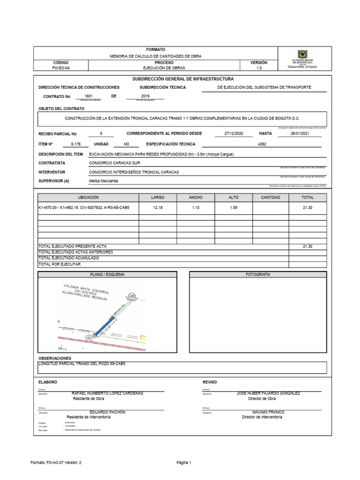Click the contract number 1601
click(89, 96)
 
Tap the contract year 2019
click(145, 96)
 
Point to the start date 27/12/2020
click(234, 133)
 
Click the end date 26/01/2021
click(300, 133)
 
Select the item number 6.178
click(76, 144)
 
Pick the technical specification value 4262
click(262, 144)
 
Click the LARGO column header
click(158, 197)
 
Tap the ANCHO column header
click(195, 197)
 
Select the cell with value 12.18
click(158, 207)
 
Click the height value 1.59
click(233, 207)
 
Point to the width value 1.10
click(195, 207)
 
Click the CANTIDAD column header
click(270, 197)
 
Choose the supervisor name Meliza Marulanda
click(104, 181)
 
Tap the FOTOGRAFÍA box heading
click(258, 274)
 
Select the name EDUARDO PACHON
click(107, 412)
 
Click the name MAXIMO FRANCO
click(268, 412)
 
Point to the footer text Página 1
click(184, 462)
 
